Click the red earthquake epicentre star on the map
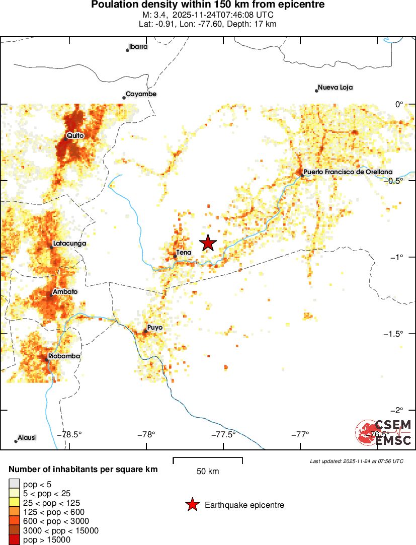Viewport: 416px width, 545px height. [208, 243]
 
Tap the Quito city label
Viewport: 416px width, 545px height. [75, 136]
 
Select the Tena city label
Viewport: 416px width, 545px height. [184, 252]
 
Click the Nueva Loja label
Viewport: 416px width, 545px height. [335, 88]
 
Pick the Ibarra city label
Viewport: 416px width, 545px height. [138, 47]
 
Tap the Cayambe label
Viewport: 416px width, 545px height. [141, 94]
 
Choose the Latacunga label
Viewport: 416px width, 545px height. [69, 244]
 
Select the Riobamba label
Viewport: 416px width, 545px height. [64, 356]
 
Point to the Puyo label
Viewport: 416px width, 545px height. [155, 328]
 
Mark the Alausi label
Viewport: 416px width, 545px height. [27, 437]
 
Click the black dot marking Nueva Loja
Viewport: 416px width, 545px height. [316, 91]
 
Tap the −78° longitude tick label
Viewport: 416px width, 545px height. [146, 434]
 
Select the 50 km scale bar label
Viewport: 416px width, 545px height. [208, 472]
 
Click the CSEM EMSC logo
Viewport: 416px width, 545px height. [383, 432]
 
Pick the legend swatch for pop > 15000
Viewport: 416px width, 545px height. [14, 540]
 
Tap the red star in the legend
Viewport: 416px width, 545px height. [192, 505]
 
